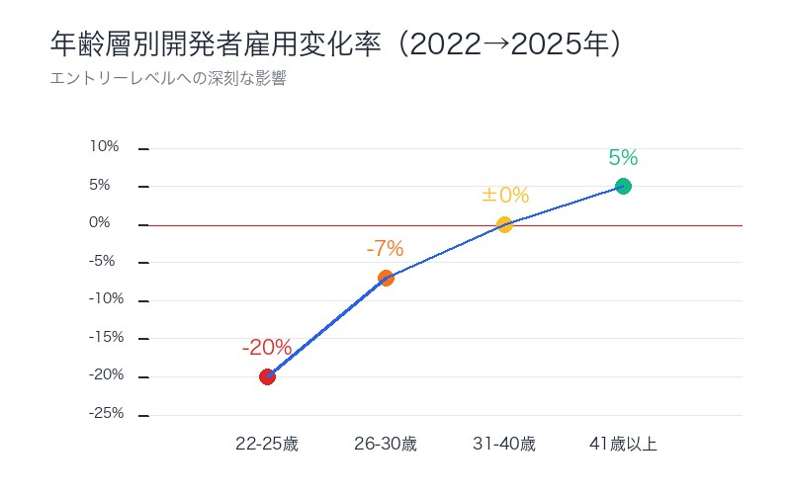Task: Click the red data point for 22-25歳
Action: pyautogui.click(x=267, y=376)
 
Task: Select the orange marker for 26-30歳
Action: pyautogui.click(x=386, y=278)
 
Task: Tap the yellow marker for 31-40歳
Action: pyautogui.click(x=504, y=224)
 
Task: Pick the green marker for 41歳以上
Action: pyautogui.click(x=623, y=186)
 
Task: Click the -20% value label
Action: pyautogui.click(x=267, y=348)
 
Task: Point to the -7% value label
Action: pyautogui.click(x=386, y=249)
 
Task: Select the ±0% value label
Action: pyautogui.click(x=505, y=196)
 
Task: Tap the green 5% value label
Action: pyautogui.click(x=623, y=157)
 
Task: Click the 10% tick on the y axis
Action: pyautogui.click(x=105, y=147)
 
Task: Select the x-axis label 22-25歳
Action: pyautogui.click(x=267, y=444)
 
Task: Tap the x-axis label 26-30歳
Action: pyautogui.click(x=386, y=444)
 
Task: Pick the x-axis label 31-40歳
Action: pyautogui.click(x=504, y=444)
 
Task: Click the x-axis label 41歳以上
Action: pyautogui.click(x=623, y=444)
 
